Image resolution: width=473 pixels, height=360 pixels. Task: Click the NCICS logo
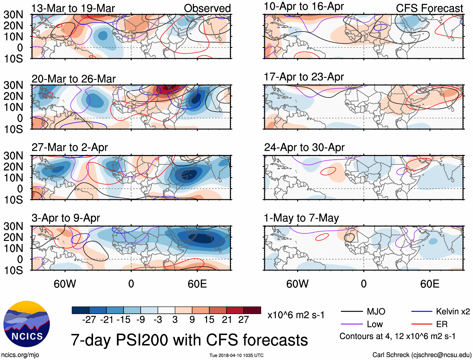click(x=27, y=324)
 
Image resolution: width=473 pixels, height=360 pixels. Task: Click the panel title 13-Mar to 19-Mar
click(x=73, y=8)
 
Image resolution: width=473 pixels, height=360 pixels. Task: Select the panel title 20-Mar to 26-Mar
click(x=74, y=79)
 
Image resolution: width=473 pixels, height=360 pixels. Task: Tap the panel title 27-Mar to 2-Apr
click(x=70, y=147)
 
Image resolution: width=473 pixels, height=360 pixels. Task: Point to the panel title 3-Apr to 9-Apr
click(x=65, y=218)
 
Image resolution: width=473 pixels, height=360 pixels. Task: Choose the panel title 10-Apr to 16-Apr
click(x=304, y=6)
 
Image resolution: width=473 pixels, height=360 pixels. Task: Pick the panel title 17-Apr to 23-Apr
click(x=304, y=77)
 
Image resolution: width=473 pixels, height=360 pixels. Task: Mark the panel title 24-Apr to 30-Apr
click(x=304, y=147)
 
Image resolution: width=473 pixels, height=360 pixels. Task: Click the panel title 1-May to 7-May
click(x=301, y=218)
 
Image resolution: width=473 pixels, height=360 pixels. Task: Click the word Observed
click(x=207, y=8)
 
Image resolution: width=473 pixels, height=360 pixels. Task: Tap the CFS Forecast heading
click(x=429, y=8)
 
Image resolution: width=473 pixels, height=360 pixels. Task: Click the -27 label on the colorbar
click(x=89, y=320)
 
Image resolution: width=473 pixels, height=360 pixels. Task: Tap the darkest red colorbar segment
click(x=252, y=310)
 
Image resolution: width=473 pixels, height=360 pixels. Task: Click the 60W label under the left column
click(x=65, y=284)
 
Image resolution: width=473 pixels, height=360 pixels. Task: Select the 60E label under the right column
click(x=429, y=284)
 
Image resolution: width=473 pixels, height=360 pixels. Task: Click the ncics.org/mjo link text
click(x=20, y=355)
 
